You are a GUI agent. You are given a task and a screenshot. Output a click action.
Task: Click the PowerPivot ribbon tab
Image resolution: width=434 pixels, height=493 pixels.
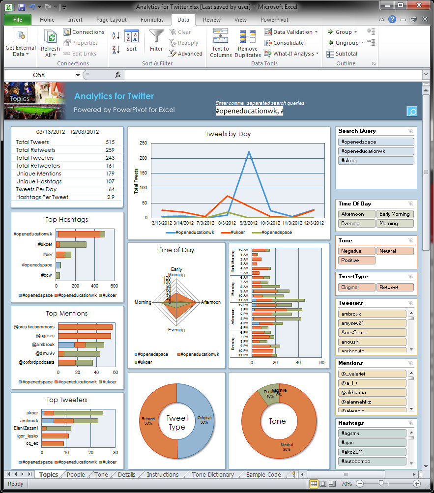(274, 20)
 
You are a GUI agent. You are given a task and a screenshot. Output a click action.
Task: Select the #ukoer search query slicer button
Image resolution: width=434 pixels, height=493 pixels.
(376, 161)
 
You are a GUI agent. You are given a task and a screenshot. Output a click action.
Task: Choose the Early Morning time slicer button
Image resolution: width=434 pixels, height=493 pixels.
(395, 214)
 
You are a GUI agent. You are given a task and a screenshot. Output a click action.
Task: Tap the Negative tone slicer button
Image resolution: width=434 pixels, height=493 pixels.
(357, 251)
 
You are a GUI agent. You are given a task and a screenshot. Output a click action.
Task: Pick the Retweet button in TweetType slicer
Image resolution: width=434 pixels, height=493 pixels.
(395, 288)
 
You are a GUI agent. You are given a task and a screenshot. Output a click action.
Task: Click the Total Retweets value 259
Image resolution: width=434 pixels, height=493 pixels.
(110, 150)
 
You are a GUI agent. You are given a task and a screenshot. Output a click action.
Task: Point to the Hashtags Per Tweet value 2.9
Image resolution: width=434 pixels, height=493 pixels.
(111, 197)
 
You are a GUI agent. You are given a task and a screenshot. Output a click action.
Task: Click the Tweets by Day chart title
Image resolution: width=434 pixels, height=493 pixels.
(229, 134)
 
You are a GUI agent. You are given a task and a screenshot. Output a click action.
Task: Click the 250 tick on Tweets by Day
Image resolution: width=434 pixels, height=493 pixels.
(143, 143)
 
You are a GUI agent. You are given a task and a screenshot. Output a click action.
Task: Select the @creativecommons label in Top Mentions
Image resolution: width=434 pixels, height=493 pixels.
(37, 327)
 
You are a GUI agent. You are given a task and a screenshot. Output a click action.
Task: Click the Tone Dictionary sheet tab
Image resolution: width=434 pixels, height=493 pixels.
(213, 475)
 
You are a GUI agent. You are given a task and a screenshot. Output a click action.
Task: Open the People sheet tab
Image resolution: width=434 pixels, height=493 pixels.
(76, 475)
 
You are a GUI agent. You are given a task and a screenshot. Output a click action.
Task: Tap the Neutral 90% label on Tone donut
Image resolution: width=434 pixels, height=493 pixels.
(287, 447)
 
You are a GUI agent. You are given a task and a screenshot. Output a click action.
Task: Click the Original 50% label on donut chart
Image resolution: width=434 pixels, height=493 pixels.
(204, 420)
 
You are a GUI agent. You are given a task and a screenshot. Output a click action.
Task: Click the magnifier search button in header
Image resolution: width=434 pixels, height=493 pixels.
(411, 111)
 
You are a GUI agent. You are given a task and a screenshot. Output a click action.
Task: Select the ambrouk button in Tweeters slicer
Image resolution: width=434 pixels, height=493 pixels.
(372, 314)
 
